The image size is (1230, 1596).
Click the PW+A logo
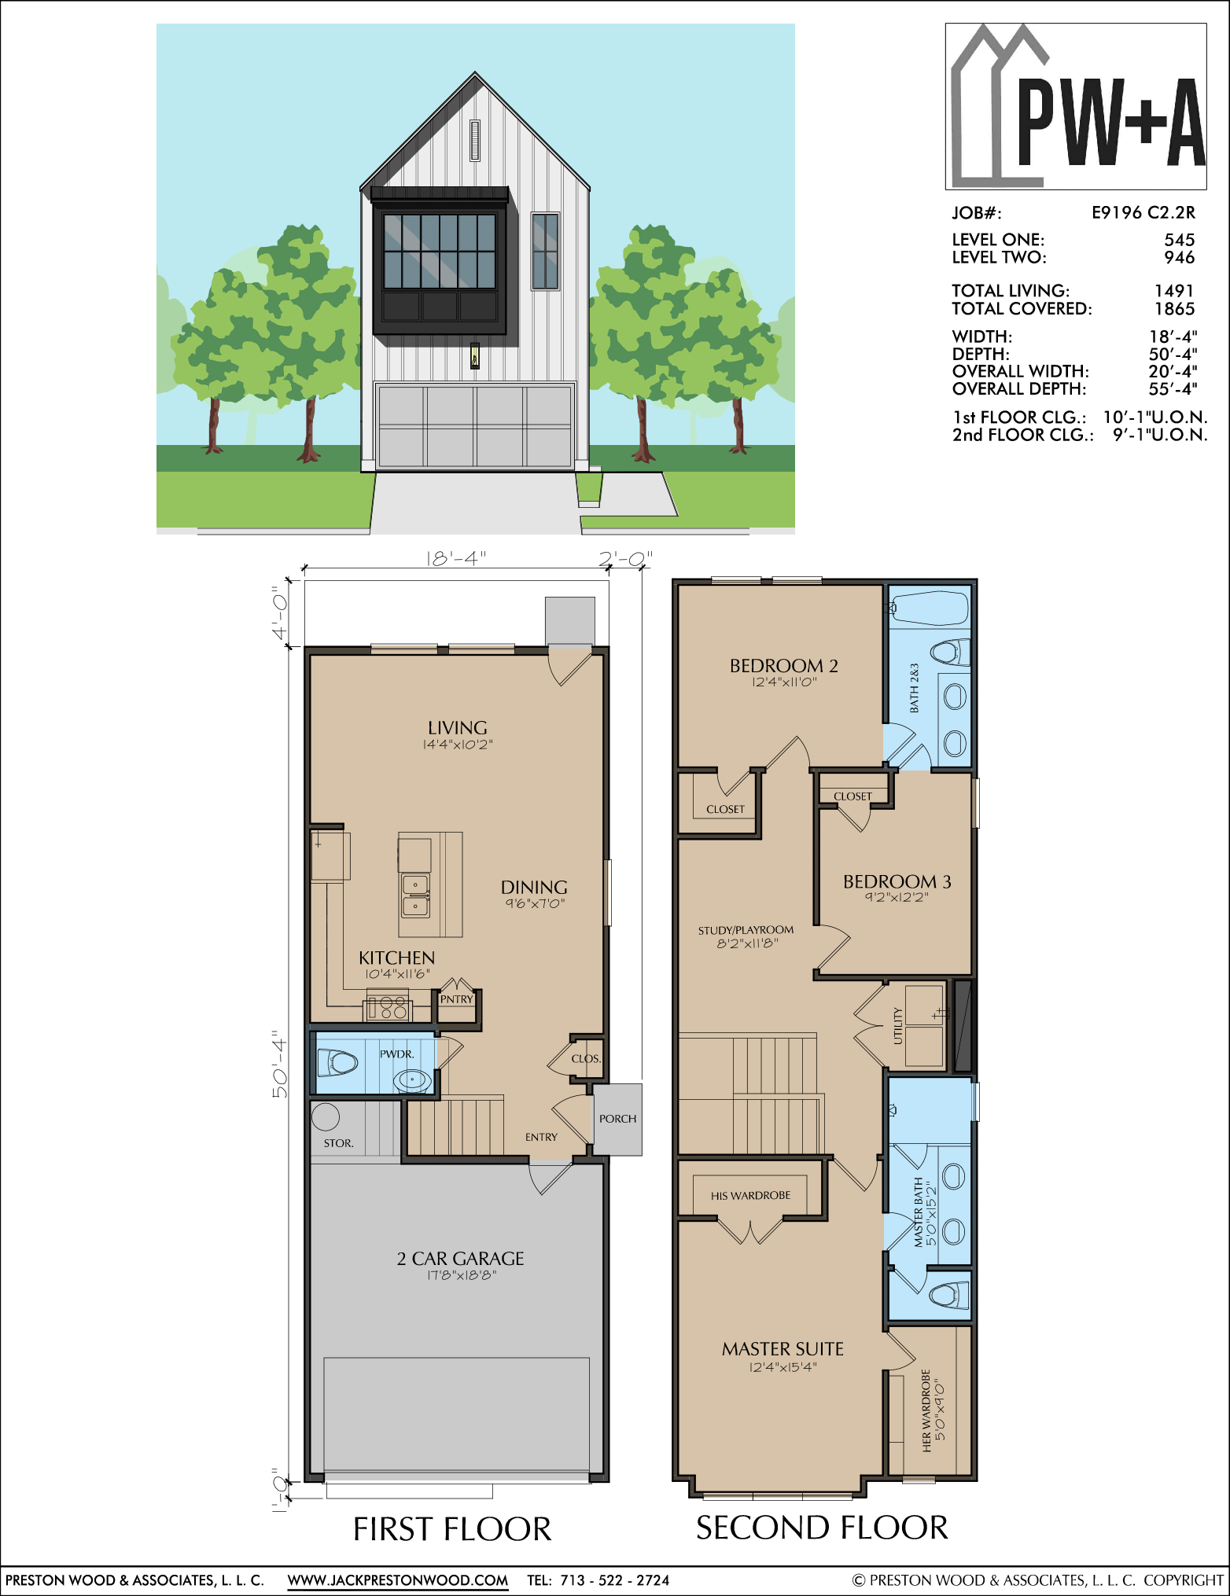click(1076, 106)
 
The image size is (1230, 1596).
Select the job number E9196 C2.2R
click(1143, 212)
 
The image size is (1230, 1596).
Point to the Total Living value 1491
click(1174, 291)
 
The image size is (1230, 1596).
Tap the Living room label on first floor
click(458, 728)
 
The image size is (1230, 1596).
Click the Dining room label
click(534, 888)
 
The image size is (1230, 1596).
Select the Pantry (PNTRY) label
click(457, 999)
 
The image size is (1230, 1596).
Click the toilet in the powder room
click(337, 1063)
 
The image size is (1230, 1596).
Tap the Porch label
click(618, 1119)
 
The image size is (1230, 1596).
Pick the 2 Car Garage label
click(460, 1259)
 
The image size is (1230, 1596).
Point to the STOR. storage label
click(339, 1143)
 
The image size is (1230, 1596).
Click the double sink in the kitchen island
click(415, 895)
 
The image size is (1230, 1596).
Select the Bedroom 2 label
click(784, 666)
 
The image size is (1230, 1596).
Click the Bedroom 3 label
click(897, 882)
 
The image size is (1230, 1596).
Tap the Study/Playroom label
click(746, 930)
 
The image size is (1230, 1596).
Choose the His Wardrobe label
click(751, 1196)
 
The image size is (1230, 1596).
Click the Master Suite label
click(783, 1349)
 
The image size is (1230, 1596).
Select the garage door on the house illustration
click(475, 426)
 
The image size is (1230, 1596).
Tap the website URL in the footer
click(398, 1579)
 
